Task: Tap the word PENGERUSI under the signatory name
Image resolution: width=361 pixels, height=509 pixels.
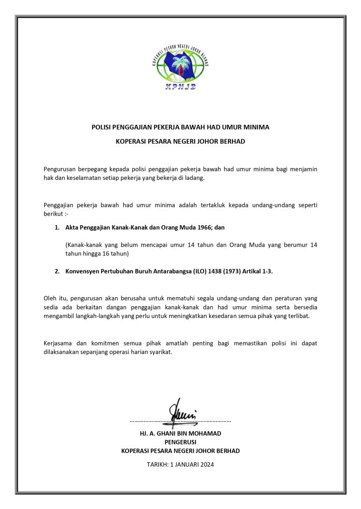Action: click(x=180, y=442)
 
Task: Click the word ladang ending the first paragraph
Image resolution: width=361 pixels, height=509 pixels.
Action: click(x=195, y=177)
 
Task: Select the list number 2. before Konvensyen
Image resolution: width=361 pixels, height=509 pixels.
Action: click(x=57, y=271)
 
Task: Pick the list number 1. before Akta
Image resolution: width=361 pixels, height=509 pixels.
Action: click(x=57, y=227)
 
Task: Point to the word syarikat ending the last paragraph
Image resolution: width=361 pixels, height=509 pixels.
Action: click(x=160, y=352)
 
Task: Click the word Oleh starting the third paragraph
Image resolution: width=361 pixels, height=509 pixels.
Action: click(x=50, y=298)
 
